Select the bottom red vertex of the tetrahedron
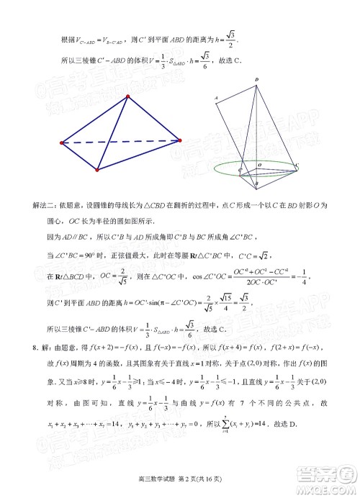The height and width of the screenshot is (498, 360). pyautogui.click(x=97, y=171)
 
